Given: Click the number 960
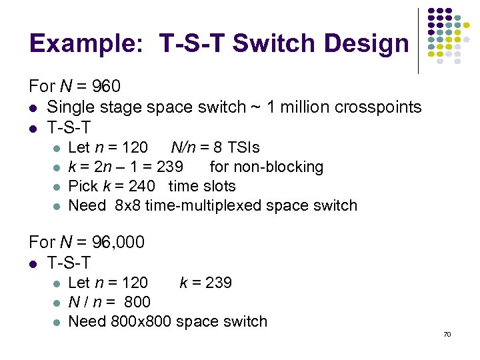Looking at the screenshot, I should point(106,87).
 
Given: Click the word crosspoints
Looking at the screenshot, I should point(381,107).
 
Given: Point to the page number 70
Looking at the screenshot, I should point(447,333).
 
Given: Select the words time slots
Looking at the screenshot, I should point(203,186).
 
